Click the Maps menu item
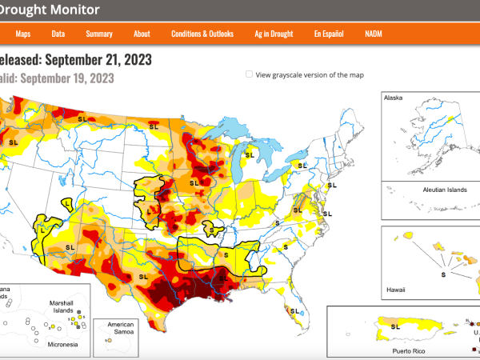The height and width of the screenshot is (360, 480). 23,34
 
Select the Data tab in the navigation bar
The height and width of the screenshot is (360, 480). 58,34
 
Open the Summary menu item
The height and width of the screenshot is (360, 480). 99,34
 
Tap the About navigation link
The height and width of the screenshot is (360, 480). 142,34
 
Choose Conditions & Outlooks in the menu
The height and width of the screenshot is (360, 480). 202,34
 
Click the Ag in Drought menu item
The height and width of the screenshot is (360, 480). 273,34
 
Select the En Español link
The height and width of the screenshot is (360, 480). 330,34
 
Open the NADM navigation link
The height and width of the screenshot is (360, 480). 374,34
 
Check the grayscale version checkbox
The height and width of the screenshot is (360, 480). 250,74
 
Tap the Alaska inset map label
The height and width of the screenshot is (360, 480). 394,98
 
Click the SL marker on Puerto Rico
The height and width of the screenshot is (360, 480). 394,326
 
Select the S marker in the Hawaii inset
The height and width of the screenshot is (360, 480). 442,274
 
